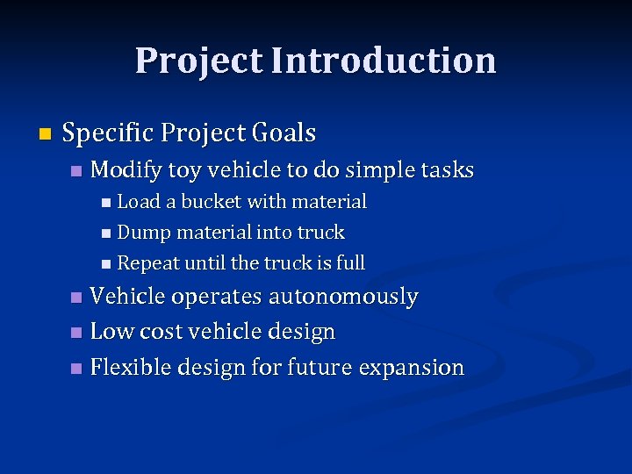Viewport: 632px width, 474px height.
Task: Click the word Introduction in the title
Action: (x=384, y=61)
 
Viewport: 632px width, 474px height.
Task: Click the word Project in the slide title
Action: (x=199, y=61)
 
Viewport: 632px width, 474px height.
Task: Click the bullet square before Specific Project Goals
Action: (x=46, y=134)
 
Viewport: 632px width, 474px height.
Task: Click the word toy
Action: (x=183, y=169)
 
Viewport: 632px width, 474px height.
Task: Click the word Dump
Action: (x=144, y=233)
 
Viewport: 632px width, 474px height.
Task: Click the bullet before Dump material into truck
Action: (x=106, y=233)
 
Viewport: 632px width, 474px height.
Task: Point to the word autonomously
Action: (x=343, y=298)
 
